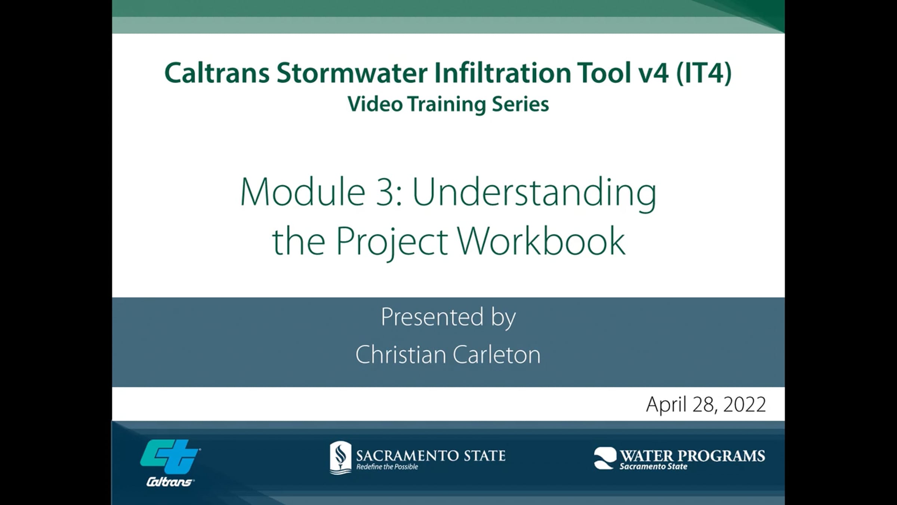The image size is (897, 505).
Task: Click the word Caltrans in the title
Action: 217,73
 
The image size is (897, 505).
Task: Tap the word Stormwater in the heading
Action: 352,73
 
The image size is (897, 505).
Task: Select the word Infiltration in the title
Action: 503,73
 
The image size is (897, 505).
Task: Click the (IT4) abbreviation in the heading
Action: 704,73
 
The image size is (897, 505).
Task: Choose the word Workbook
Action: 541,241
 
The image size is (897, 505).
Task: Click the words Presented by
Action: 448,317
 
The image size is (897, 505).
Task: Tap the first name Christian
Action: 400,354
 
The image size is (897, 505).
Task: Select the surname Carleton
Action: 497,354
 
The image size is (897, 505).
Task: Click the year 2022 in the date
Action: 745,404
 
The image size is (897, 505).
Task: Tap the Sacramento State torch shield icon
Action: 340,457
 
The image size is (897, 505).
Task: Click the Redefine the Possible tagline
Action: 387,467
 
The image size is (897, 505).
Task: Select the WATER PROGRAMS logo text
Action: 693,456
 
